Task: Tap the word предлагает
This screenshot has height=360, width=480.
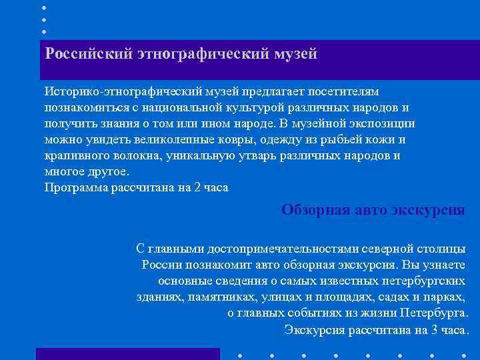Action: tap(276, 90)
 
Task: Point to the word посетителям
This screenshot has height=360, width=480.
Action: tap(345, 90)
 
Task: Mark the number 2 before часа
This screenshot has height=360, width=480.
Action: tap(195, 188)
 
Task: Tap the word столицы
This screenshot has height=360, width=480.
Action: tap(441, 249)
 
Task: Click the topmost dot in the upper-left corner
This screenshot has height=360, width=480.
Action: tap(44, 8)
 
